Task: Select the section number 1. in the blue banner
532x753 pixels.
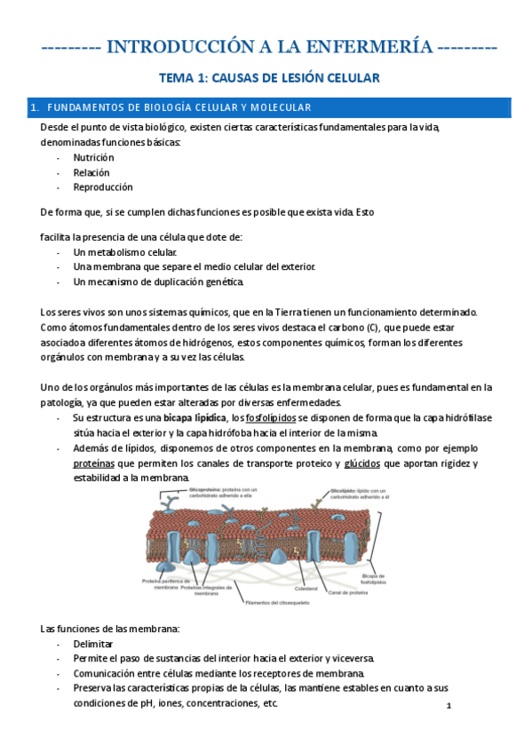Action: (x=35, y=108)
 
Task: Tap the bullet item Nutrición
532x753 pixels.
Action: (x=94, y=157)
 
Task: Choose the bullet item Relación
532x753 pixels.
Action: (x=92, y=172)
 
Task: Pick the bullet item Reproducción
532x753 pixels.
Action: (x=103, y=187)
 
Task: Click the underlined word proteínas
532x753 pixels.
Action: (x=94, y=464)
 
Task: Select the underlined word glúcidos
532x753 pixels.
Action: (x=362, y=464)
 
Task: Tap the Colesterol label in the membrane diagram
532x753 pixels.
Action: (x=306, y=587)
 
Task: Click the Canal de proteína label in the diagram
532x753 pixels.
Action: (x=347, y=592)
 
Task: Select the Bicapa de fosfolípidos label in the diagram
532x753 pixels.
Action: (x=373, y=581)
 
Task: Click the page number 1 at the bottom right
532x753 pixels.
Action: (x=449, y=706)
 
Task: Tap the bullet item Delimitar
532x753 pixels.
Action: (x=93, y=644)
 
